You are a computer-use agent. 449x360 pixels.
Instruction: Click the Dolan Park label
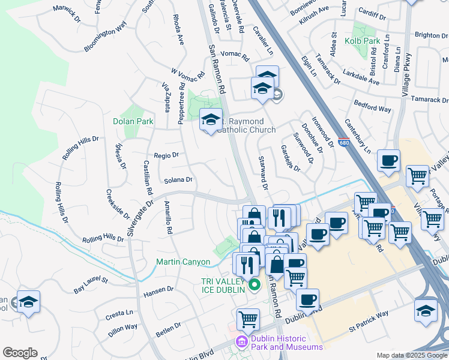(x=133, y=121)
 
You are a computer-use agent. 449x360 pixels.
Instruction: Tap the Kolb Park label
(x=363, y=41)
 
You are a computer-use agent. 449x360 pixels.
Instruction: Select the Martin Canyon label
(x=183, y=262)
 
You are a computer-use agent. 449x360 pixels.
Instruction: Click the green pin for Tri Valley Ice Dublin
(x=254, y=284)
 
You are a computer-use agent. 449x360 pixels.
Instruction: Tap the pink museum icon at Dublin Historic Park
(x=241, y=342)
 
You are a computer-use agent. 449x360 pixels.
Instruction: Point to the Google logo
(x=20, y=353)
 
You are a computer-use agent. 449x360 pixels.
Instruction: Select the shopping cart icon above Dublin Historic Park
(x=248, y=319)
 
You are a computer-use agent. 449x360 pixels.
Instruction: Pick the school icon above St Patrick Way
(x=426, y=310)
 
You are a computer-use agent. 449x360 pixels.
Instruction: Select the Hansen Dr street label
(x=158, y=292)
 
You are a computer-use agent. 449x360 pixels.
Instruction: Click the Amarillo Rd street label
(x=169, y=217)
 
